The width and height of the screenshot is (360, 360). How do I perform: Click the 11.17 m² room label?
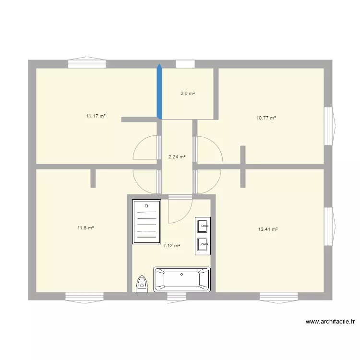point(96,116)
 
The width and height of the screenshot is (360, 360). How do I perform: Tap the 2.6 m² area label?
point(187,94)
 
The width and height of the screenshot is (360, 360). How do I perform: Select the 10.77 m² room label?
point(266,118)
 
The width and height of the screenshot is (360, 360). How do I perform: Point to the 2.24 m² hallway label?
point(177,156)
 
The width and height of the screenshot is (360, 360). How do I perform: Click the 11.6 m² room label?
point(85,228)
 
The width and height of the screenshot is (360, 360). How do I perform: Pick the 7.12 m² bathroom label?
point(171,246)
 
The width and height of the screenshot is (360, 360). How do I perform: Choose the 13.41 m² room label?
point(268,229)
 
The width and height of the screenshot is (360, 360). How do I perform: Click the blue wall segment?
point(159,91)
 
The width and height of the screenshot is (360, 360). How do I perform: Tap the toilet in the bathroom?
point(142,284)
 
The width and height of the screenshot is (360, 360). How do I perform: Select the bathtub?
point(182,279)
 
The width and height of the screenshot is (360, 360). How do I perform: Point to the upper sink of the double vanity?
point(203,225)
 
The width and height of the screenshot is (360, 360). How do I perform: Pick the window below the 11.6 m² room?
point(85,298)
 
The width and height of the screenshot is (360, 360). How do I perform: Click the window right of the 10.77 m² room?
point(329,126)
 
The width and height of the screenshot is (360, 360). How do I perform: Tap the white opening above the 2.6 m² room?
point(185,64)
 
